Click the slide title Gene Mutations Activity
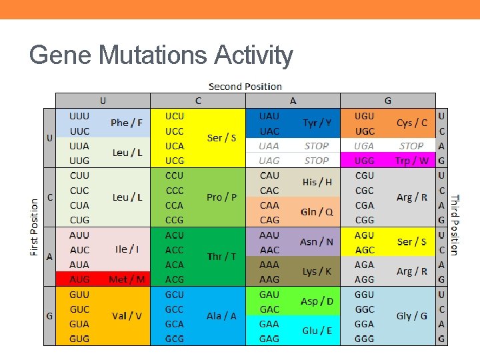click(161, 55)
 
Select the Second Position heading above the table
click(245, 87)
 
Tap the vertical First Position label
click(34, 227)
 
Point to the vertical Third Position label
click(454, 225)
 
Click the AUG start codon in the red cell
click(79, 279)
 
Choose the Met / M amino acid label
click(127, 279)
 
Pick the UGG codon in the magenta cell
click(365, 161)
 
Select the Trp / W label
click(411, 161)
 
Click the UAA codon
click(269, 146)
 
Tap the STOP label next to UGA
click(411, 146)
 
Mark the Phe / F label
click(127, 123)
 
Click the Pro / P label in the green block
click(222, 197)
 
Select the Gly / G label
click(411, 316)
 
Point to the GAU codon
click(269, 295)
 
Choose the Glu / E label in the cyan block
click(317, 331)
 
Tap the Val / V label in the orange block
click(127, 316)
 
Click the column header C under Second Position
click(198, 101)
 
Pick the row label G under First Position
click(49, 316)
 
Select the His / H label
click(317, 182)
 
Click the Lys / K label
click(317, 271)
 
